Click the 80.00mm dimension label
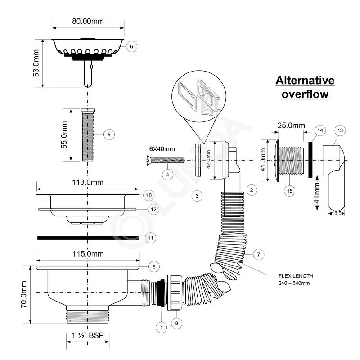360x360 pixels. coord(88,21)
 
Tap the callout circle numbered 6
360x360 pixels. coord(131,46)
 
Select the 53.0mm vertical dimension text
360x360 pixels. coord(36,63)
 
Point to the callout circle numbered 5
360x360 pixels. coord(109,135)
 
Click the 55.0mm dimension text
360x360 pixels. coord(64,135)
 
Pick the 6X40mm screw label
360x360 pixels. coord(162,149)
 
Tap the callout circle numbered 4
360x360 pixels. coord(167,175)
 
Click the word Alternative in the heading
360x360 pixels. coord(305,81)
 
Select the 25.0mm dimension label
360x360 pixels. coord(291,126)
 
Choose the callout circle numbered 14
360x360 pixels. coord(320,130)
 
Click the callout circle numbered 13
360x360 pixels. coord(340,130)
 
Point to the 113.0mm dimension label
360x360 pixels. coord(88,183)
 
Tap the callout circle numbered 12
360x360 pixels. coord(153,209)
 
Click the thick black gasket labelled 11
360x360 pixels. coord(88,238)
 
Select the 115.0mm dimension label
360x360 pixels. coord(88,254)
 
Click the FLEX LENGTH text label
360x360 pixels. coord(296,276)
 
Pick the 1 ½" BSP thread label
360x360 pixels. coord(88,335)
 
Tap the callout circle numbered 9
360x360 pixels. coord(176,323)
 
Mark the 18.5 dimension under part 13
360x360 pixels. coord(336,213)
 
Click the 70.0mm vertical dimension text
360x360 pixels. coord(24,294)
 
